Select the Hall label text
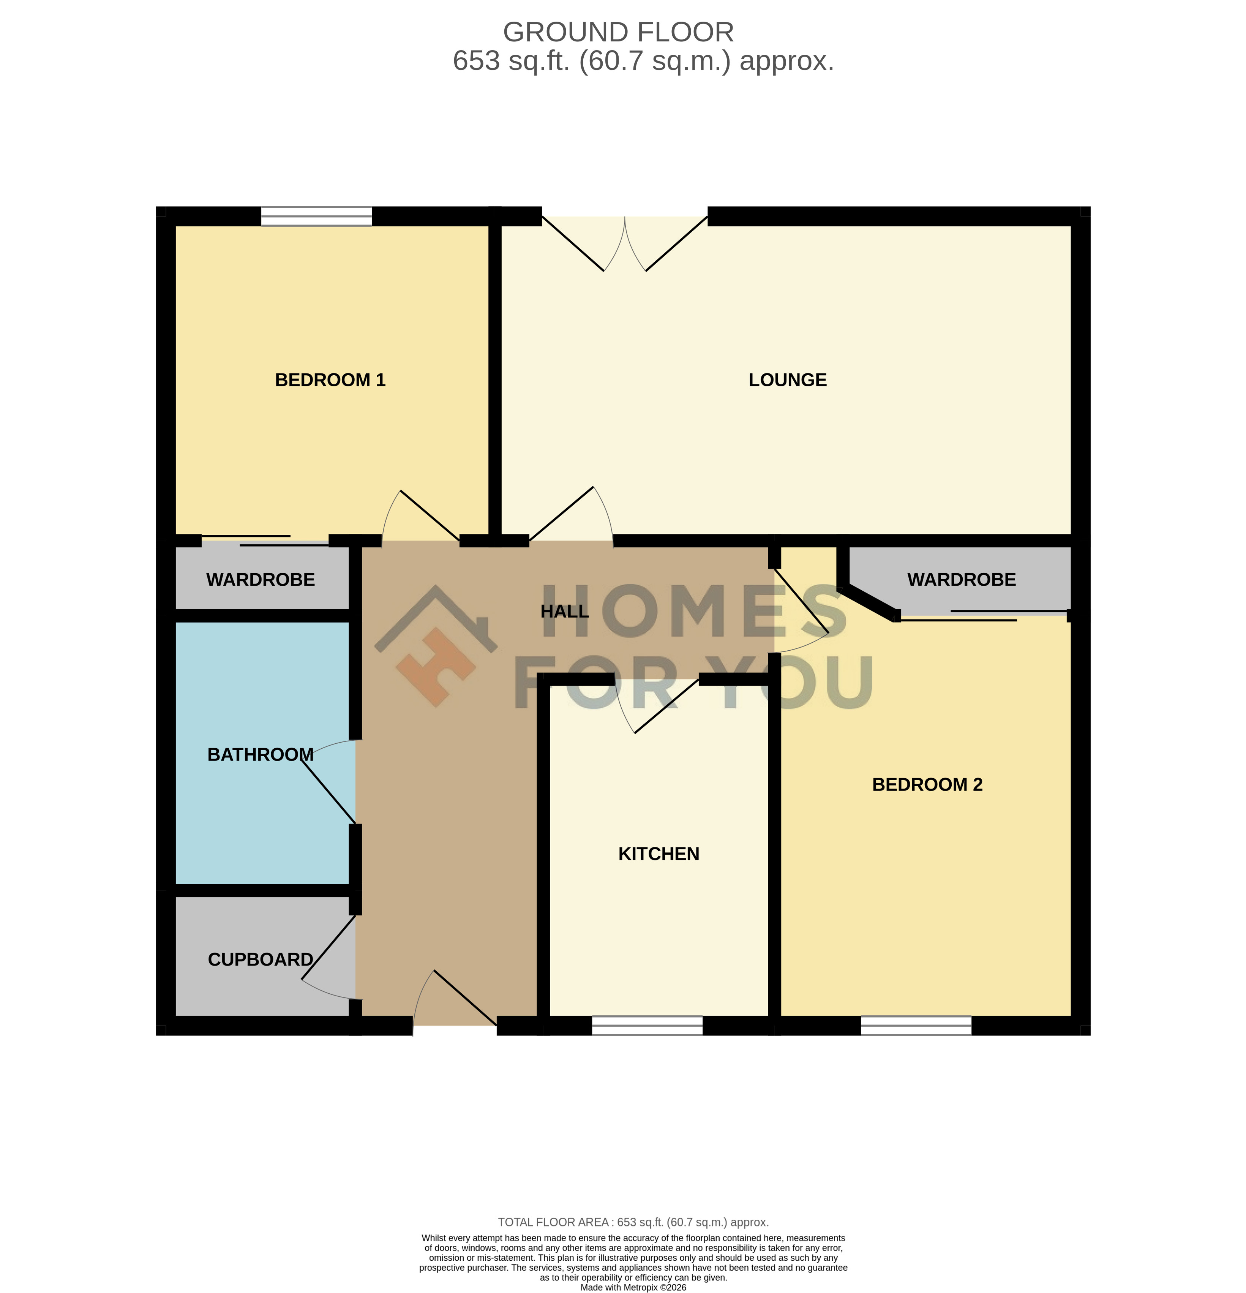(x=565, y=612)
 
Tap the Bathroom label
(x=261, y=755)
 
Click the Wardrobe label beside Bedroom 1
(x=261, y=580)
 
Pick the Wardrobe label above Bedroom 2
(x=962, y=580)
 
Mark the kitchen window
(x=647, y=1026)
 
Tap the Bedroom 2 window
(x=916, y=1026)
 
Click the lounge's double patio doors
(x=625, y=244)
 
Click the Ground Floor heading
(x=618, y=32)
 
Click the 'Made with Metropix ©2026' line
(x=633, y=1287)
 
